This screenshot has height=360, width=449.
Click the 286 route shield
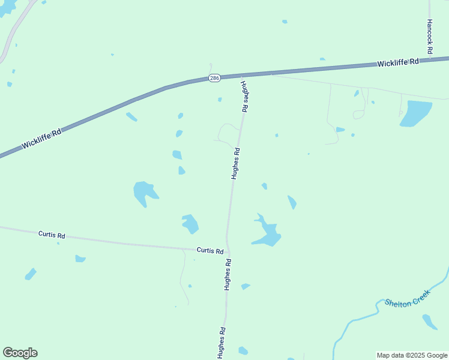(214, 79)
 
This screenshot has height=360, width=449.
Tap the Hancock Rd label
(429, 37)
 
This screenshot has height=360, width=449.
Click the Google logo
(20, 353)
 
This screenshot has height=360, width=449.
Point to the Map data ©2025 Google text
(412, 355)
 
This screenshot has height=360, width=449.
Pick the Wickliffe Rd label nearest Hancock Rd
(398, 62)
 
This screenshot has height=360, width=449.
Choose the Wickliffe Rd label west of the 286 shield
(41, 140)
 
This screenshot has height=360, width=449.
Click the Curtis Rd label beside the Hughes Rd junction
(210, 250)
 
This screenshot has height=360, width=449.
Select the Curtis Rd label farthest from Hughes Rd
(51, 235)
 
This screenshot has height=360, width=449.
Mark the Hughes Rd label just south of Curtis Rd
(228, 275)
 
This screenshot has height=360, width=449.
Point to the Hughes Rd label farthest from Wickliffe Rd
(221, 343)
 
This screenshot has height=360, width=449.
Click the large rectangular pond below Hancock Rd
(415, 113)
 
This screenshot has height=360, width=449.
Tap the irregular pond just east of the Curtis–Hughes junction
(267, 232)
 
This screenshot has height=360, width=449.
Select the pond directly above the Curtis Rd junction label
(190, 224)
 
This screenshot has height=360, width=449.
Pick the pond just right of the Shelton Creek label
(430, 322)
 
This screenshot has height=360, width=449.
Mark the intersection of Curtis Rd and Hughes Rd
(228, 251)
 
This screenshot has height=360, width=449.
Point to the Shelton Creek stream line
(360, 319)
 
